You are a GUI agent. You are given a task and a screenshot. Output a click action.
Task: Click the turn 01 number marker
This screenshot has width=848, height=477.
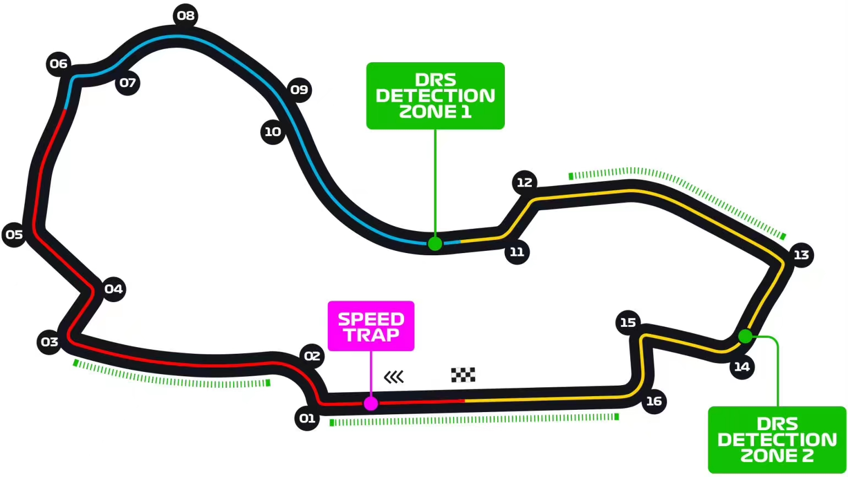(307, 418)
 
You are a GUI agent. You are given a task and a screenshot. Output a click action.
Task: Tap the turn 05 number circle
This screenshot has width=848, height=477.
(14, 235)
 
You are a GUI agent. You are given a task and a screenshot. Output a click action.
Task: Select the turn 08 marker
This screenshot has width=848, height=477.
(186, 16)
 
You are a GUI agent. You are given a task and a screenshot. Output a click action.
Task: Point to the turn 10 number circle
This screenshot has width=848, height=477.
(273, 132)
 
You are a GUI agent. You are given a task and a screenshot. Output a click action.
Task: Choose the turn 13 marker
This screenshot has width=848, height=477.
(801, 255)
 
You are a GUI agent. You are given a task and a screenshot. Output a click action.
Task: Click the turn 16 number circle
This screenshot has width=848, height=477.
(654, 402)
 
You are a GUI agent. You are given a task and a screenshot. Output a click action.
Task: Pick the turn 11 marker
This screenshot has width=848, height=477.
(517, 252)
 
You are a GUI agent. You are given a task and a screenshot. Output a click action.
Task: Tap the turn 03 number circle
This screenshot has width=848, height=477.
(49, 342)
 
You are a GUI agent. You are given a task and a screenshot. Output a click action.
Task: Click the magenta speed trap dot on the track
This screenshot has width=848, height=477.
(371, 404)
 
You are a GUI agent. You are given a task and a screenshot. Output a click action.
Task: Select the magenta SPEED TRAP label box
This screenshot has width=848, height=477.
(371, 326)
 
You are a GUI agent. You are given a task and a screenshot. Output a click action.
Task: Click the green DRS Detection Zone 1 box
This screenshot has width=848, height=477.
(436, 96)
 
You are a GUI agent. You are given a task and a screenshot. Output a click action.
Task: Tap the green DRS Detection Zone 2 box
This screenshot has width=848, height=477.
(777, 440)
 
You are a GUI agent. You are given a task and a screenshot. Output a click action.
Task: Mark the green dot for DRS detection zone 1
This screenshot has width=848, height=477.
(435, 244)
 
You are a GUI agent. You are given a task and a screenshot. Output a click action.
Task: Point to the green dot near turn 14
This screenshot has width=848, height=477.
(745, 336)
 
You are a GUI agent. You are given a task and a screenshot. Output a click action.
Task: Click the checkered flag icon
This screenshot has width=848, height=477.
(463, 375)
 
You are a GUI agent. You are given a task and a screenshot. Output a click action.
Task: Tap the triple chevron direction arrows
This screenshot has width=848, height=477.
(394, 377)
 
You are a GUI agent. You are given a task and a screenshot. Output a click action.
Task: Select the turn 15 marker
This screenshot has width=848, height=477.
(628, 322)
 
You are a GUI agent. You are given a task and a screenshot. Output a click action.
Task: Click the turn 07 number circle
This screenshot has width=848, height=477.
(128, 83)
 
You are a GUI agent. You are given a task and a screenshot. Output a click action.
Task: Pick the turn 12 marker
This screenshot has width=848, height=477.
(525, 183)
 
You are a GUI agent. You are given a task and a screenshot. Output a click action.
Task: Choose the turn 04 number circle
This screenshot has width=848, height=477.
(113, 289)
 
